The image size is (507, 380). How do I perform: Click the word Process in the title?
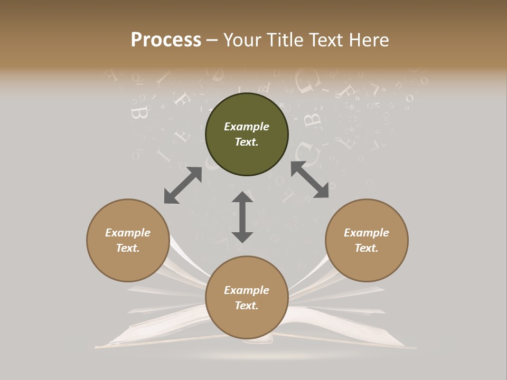pyautogui.click(x=166, y=40)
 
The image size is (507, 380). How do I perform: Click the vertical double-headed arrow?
pyautogui.click(x=242, y=217)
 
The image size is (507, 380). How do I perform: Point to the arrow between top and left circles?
pyautogui.click(x=183, y=185)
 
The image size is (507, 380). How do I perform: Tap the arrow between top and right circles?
pyautogui.click(x=309, y=180)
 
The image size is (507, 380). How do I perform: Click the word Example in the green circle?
pyautogui.click(x=247, y=127)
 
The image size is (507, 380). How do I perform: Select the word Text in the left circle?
pyautogui.click(x=128, y=248)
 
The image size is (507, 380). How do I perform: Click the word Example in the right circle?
pyautogui.click(x=367, y=233)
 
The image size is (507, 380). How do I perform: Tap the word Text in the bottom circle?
pyautogui.click(x=247, y=306)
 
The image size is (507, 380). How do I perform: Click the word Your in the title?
pyautogui.click(x=240, y=40)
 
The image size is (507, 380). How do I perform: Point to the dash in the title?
pyautogui.click(x=212, y=40)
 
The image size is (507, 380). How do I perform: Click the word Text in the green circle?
pyautogui.click(x=247, y=142)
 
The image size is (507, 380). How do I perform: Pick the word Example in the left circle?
pyautogui.click(x=128, y=233)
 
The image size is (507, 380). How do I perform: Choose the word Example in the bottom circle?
pyautogui.click(x=247, y=290)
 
